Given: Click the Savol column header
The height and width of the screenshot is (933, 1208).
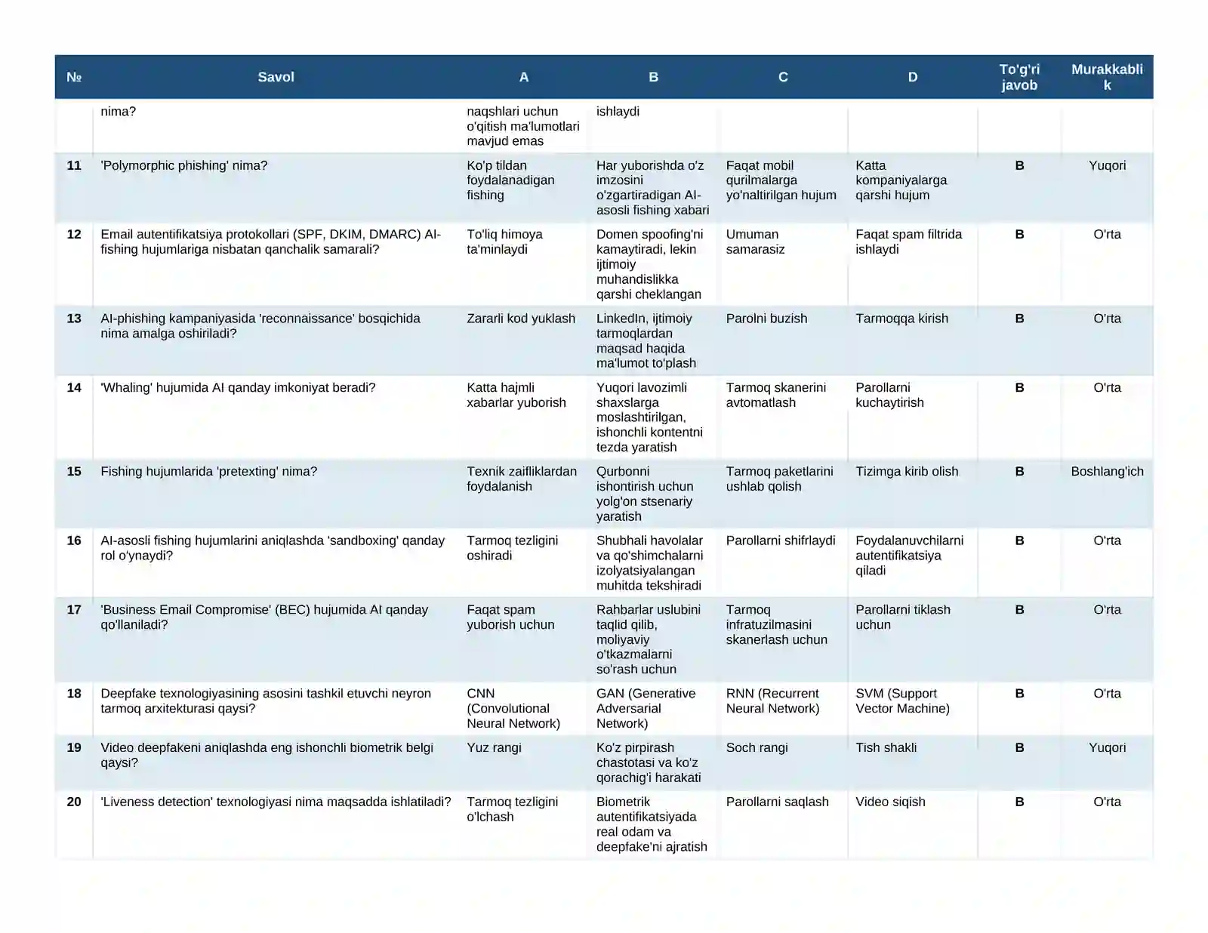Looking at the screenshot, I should pos(276,77).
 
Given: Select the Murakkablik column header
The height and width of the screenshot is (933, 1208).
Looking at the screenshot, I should pos(1107,77).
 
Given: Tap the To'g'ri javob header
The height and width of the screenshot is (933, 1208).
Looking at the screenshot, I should pos(1019,77).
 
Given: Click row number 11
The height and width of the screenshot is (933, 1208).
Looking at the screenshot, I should pos(74,166).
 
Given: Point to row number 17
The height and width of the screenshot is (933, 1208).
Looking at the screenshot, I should pos(74,610).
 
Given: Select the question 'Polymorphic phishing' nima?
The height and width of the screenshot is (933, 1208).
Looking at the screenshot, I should pos(184,166).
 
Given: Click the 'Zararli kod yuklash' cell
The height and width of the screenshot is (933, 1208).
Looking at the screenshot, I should pos(521,319).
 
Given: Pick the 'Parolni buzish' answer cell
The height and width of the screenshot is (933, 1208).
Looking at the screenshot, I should pos(766,319).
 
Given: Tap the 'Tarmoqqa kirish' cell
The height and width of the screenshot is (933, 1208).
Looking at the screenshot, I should pos(901,319).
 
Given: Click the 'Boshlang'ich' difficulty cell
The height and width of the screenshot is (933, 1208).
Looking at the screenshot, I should pos(1107,472).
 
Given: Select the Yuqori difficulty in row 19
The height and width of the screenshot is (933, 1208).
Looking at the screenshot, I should pos(1107,748).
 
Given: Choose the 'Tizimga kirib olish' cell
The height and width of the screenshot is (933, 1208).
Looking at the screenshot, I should pos(907,472).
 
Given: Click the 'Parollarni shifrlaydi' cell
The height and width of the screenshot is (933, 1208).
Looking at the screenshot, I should pos(781,540).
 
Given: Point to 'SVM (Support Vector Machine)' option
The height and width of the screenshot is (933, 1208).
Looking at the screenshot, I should pos(902,701).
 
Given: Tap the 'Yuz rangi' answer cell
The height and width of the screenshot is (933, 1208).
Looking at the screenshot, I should pos(494,748).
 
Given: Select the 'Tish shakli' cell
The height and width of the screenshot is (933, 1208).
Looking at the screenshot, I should pos(886,748).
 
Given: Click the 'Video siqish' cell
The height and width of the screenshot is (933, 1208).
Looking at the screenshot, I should pos(890,802).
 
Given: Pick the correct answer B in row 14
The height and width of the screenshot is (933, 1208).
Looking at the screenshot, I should pos(1019,388).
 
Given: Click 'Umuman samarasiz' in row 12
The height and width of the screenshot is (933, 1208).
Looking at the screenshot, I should pos(755,242).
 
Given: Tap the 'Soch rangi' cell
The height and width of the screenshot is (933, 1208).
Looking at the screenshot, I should pos(757,748).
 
